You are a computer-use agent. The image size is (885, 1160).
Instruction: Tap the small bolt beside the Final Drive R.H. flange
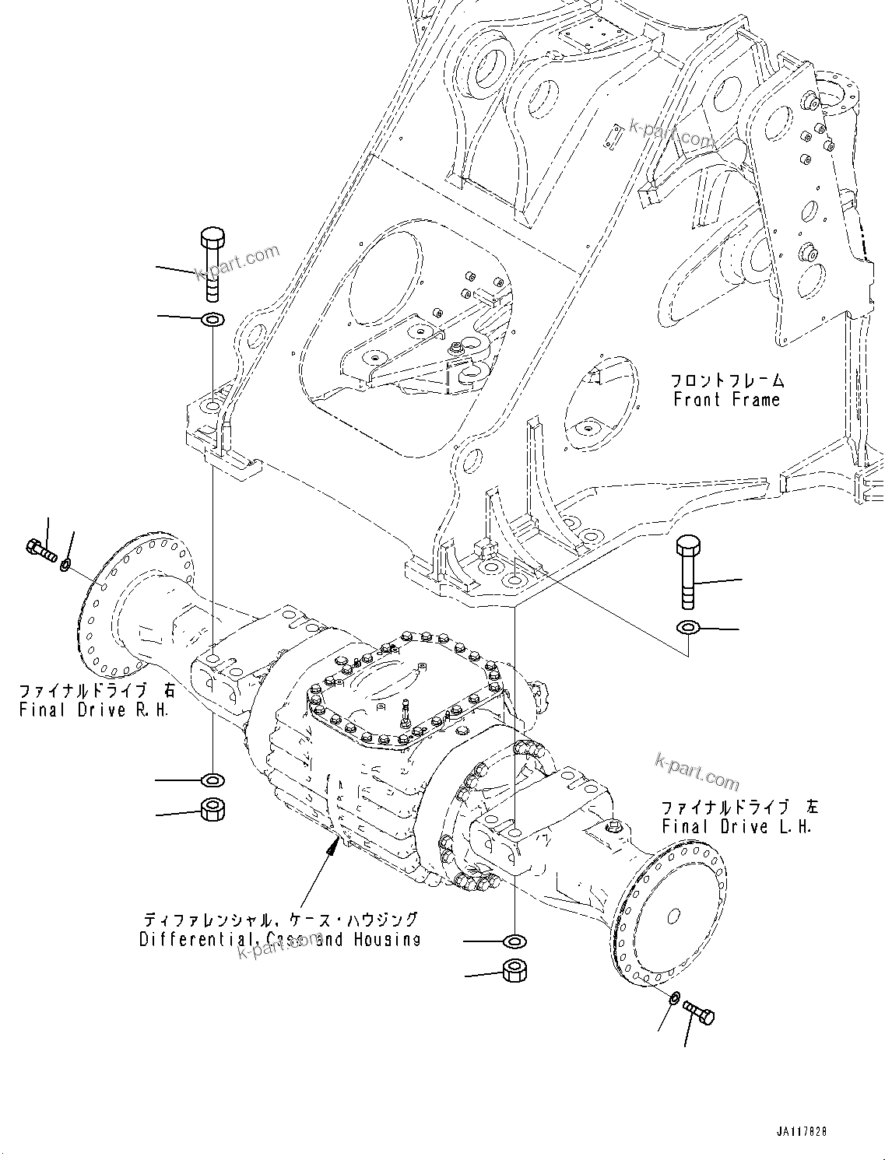pos(40,552)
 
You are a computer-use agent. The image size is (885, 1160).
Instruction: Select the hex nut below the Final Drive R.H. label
pos(212,809)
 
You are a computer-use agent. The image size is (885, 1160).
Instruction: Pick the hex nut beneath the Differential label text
pos(514,971)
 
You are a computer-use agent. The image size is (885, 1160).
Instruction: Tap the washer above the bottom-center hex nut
pos(514,942)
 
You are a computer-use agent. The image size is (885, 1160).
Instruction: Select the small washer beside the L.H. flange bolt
pos(675,998)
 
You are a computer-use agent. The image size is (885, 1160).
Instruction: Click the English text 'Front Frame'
pos(726,400)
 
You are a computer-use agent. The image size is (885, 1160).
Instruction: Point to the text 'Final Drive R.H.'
pos(93,710)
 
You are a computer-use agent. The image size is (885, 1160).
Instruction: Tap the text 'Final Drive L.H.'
pos(736,827)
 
